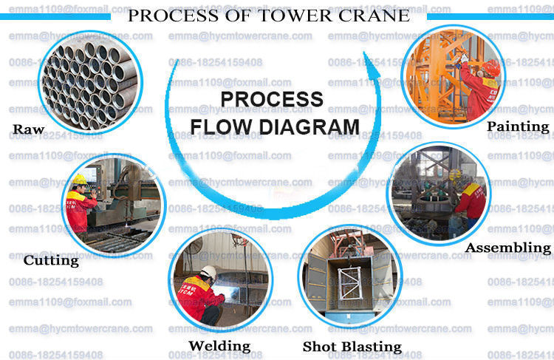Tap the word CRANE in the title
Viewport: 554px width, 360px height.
click(x=375, y=16)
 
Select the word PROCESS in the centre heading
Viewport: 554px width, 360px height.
click(x=273, y=99)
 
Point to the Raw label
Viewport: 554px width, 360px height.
click(x=29, y=130)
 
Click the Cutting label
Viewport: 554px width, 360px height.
click(x=51, y=260)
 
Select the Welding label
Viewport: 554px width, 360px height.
click(x=219, y=345)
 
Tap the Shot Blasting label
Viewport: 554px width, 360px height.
click(x=352, y=346)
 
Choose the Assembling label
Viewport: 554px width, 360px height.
click(x=508, y=248)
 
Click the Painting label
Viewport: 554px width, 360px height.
click(x=518, y=126)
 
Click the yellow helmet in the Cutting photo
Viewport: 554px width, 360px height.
click(x=80, y=179)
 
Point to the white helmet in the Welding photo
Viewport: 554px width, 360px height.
click(x=209, y=272)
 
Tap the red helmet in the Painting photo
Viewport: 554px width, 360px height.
click(x=491, y=67)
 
